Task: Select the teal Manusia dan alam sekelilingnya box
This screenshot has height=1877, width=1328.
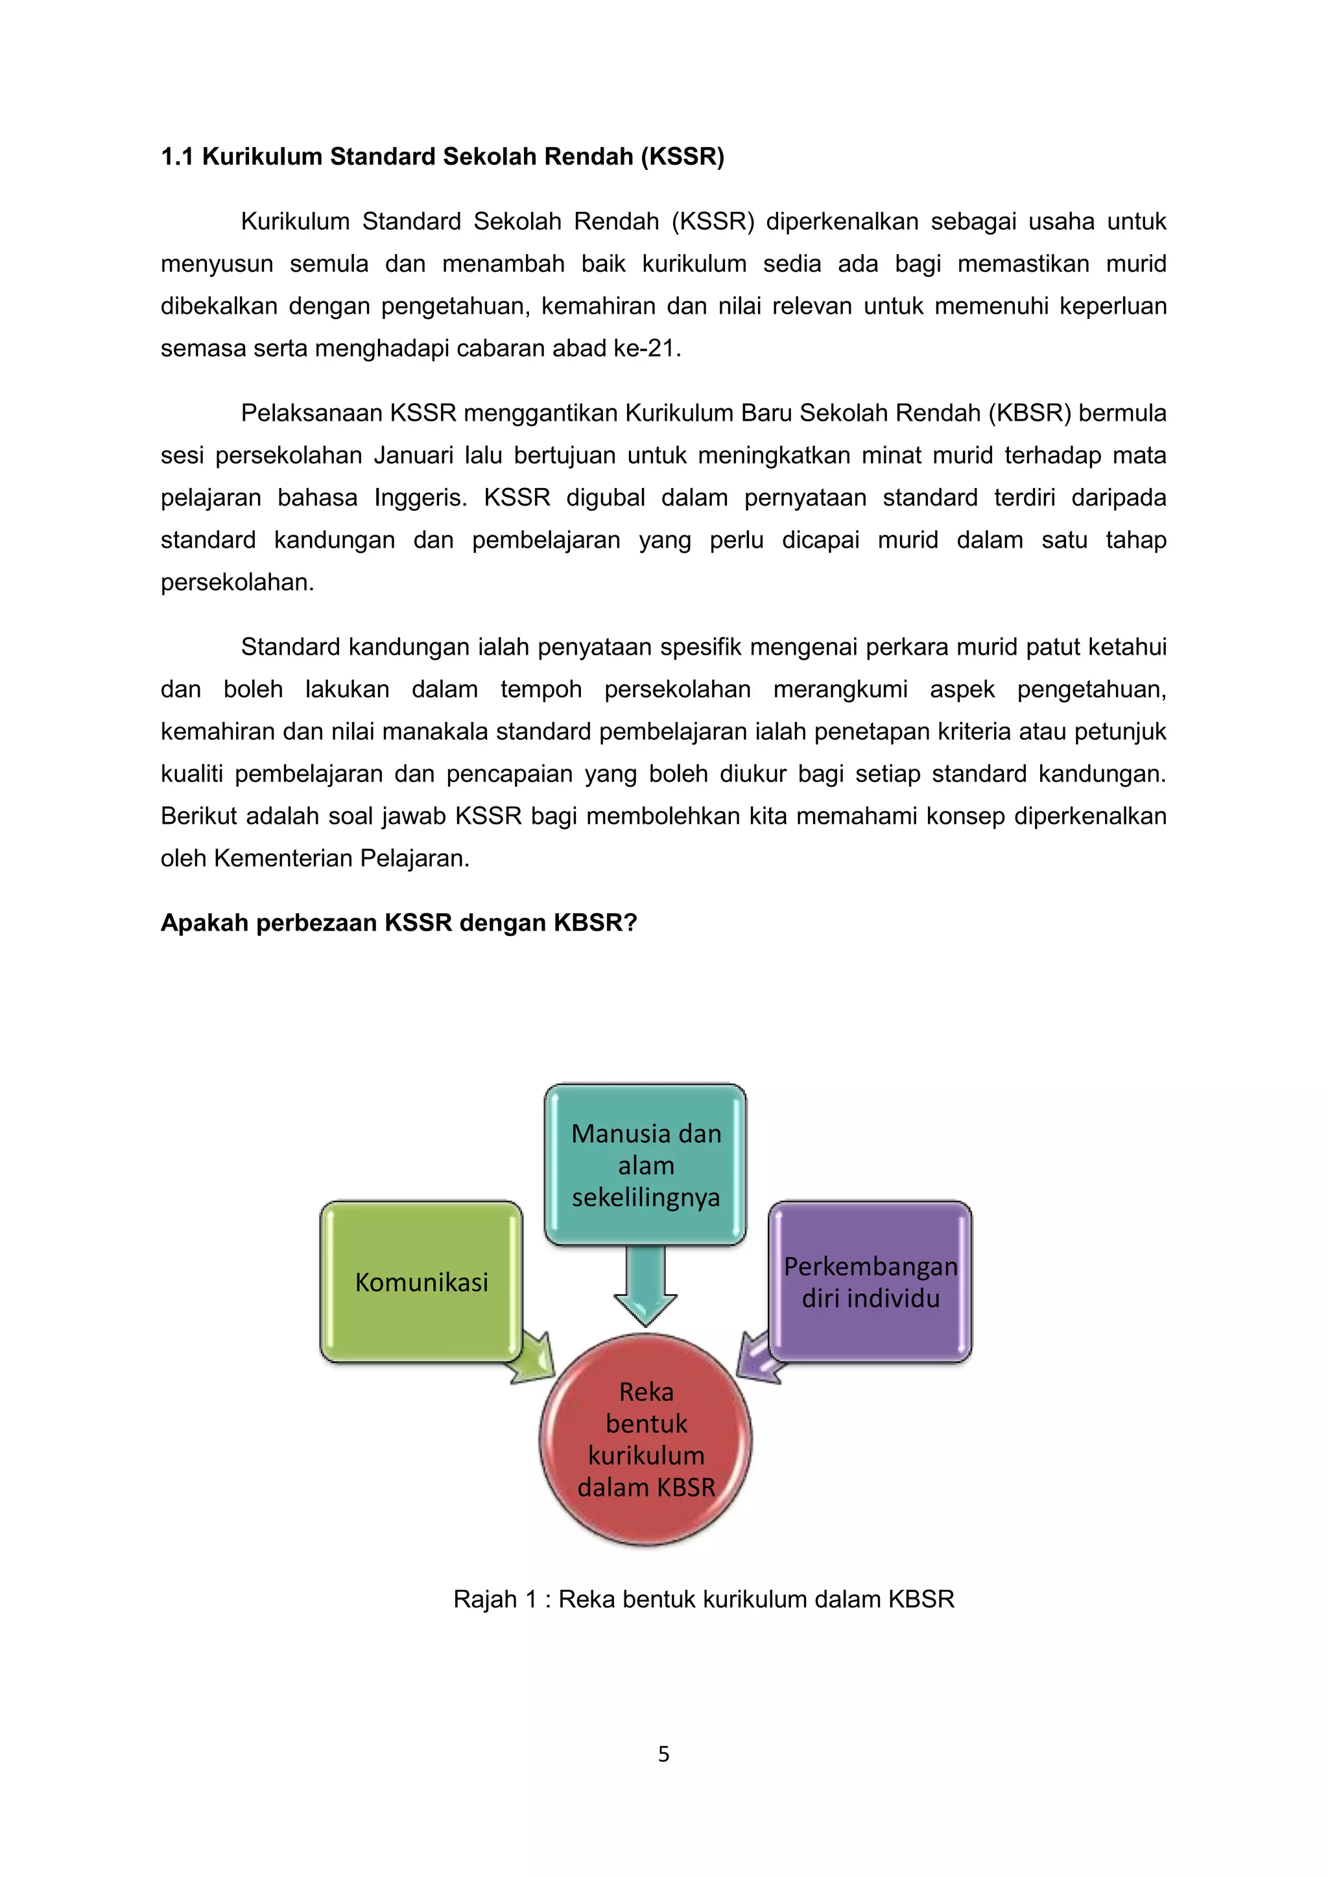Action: [x=645, y=1164]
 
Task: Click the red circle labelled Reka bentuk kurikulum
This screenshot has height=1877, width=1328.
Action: [x=645, y=1439]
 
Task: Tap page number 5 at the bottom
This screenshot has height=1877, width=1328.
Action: [x=663, y=1754]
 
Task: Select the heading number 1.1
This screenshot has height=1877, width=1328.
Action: [x=176, y=156]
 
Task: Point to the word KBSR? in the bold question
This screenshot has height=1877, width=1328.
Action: [x=595, y=922]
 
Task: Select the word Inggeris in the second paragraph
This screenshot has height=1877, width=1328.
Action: [x=420, y=497]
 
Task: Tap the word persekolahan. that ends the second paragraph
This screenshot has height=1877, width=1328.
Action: [x=237, y=582]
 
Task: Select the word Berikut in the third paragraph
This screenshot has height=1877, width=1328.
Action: [x=200, y=815]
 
